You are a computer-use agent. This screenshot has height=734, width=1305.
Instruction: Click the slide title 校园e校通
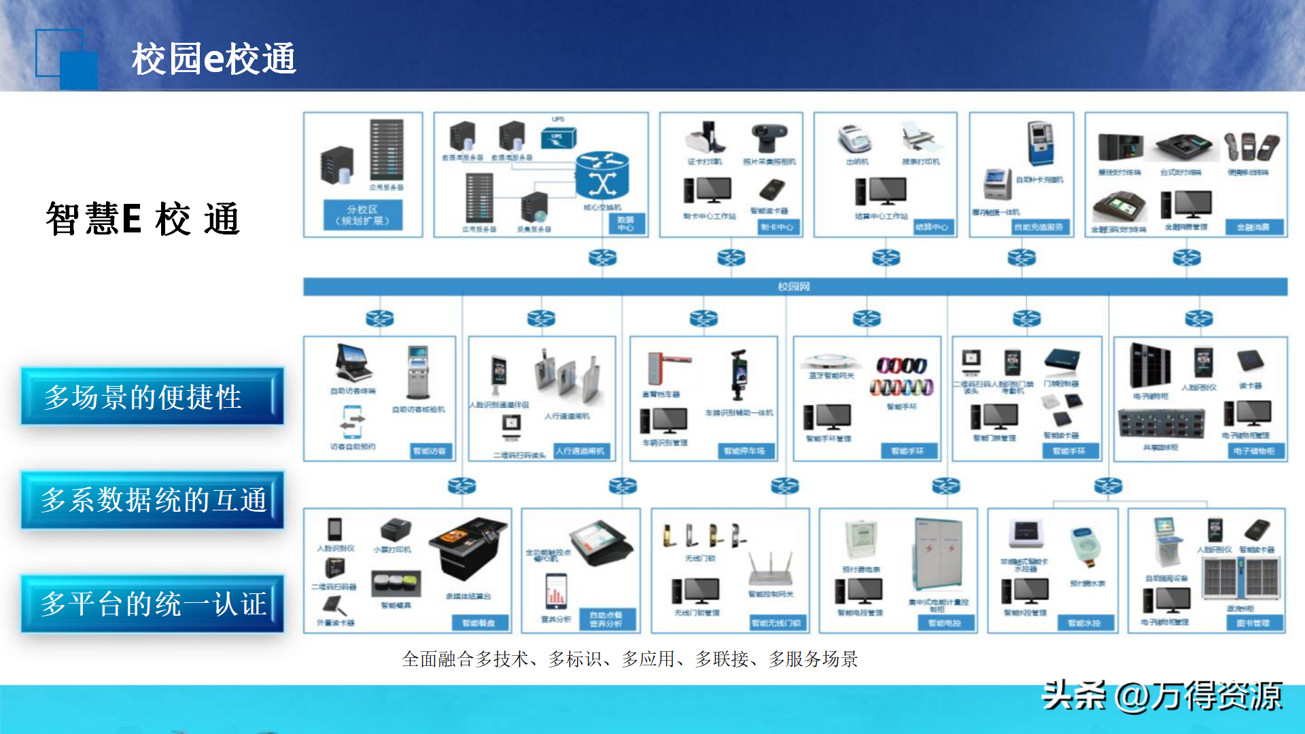(213, 58)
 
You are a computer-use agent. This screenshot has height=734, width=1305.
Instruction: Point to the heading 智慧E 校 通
(143, 219)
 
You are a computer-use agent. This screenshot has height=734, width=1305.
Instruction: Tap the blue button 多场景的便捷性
(151, 397)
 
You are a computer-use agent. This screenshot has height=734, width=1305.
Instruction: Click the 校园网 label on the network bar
(794, 287)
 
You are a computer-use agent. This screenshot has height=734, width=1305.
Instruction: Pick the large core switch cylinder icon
(602, 175)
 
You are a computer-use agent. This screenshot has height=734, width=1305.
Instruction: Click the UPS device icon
(557, 137)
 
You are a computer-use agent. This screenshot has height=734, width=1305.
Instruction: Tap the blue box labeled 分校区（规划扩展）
(363, 215)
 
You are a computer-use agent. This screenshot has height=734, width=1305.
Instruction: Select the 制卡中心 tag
(777, 227)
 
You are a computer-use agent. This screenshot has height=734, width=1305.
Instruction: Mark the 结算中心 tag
(931, 227)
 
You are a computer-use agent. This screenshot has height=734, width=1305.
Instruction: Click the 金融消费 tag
(1253, 227)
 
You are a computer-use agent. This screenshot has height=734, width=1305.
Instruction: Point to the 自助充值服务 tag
(1039, 227)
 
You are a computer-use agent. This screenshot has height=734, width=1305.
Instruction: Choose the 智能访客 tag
(430, 451)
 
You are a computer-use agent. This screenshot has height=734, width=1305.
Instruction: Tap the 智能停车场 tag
(744, 451)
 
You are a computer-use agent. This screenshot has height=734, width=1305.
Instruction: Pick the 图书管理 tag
(1253, 623)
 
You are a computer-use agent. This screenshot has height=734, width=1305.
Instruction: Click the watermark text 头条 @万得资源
(1162, 696)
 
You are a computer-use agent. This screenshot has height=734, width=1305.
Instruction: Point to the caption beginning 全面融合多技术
(629, 659)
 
